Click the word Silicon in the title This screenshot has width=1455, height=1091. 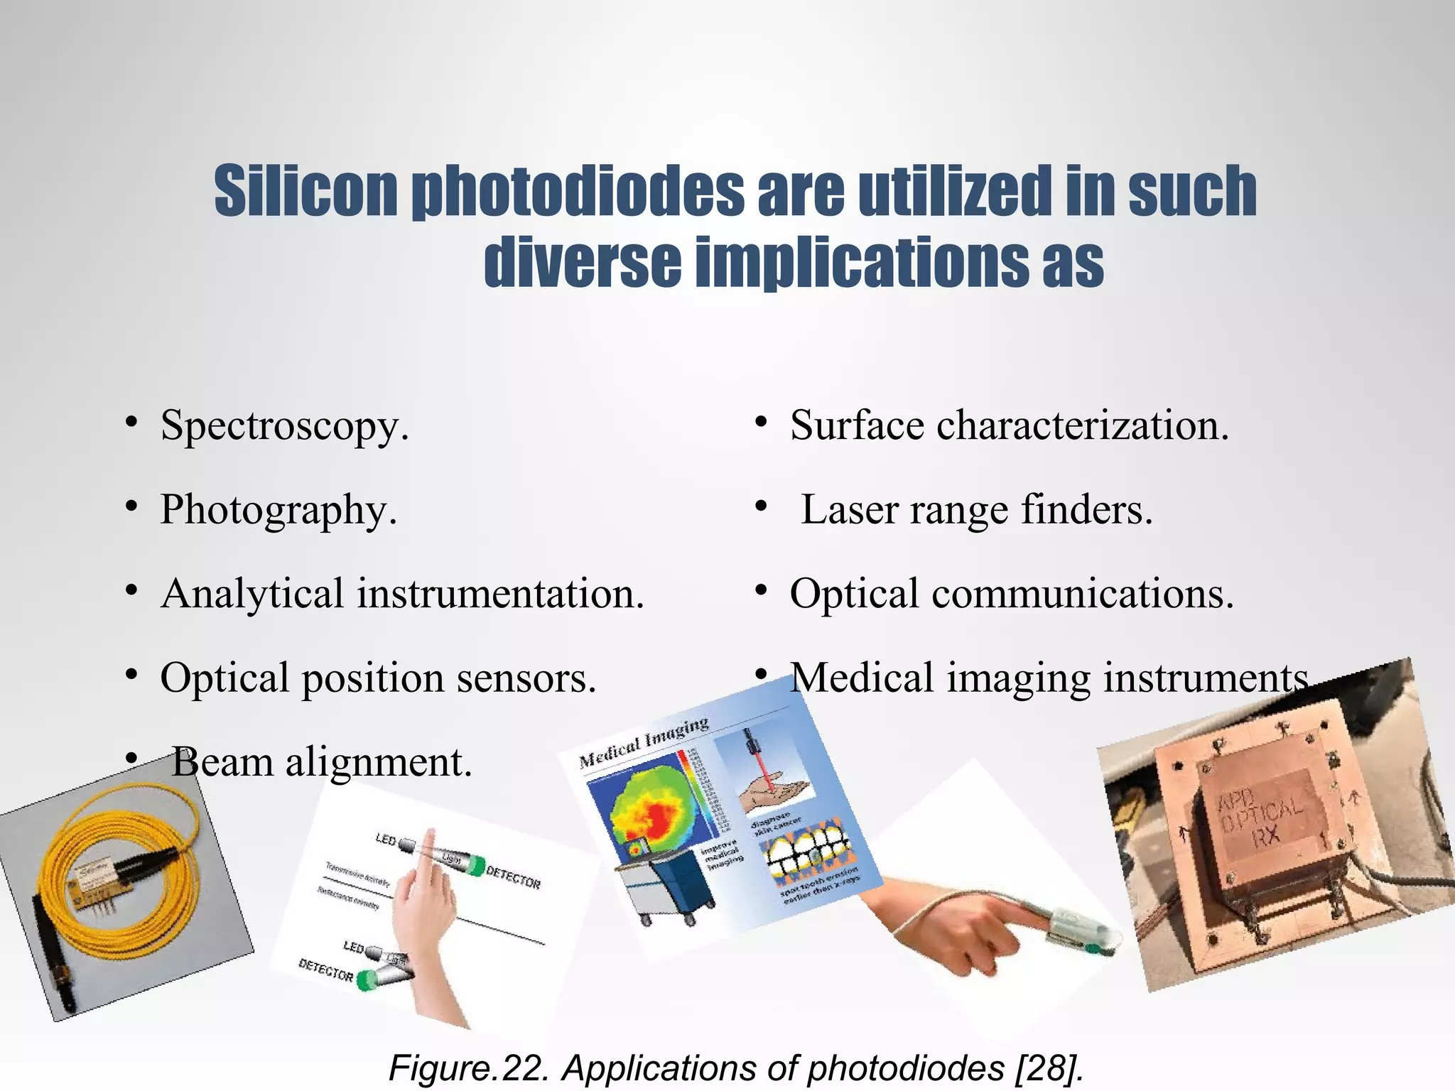[305, 192]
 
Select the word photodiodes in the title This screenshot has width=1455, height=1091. [578, 192]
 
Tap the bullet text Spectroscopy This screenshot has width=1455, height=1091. [284, 427]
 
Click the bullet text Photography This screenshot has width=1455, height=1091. [278, 511]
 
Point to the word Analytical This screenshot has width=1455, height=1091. [252, 594]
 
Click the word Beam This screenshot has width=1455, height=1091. [222, 762]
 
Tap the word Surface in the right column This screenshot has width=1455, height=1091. [856, 426]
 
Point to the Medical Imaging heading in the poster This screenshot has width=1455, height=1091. [644, 742]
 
